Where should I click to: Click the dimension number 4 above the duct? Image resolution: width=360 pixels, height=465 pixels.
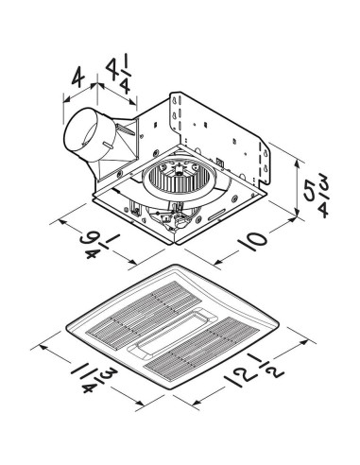pos(81,74)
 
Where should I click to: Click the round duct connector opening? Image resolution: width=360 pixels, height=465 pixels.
pos(80,140)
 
